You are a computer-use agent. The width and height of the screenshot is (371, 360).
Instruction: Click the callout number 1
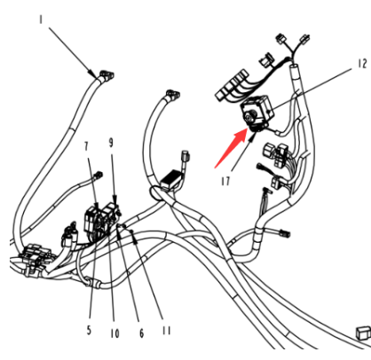click(x=41, y=20)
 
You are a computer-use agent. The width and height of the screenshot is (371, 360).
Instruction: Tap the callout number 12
click(x=362, y=64)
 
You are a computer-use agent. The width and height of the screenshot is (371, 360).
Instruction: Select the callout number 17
click(x=225, y=181)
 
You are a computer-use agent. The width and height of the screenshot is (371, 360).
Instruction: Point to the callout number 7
click(x=86, y=146)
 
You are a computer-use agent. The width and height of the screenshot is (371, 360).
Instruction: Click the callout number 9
click(x=111, y=143)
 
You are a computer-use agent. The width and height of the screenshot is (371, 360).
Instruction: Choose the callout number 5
click(x=89, y=330)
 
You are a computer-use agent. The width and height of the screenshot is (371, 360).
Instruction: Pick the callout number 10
click(x=114, y=333)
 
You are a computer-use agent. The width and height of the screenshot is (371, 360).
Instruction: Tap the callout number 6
click(x=141, y=333)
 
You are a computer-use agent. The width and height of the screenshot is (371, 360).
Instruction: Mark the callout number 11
click(x=167, y=331)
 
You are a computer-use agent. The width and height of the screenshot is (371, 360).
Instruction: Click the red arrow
click(x=231, y=149)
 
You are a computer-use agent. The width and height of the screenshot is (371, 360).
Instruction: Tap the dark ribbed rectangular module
click(x=171, y=180)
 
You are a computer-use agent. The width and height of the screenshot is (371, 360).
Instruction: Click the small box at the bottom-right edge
click(x=363, y=333)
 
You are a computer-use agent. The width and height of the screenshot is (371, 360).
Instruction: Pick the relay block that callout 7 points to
click(x=92, y=221)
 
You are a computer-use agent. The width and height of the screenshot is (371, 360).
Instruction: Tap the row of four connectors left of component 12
click(x=233, y=85)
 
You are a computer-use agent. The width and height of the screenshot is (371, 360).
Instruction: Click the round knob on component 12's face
click(x=249, y=117)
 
